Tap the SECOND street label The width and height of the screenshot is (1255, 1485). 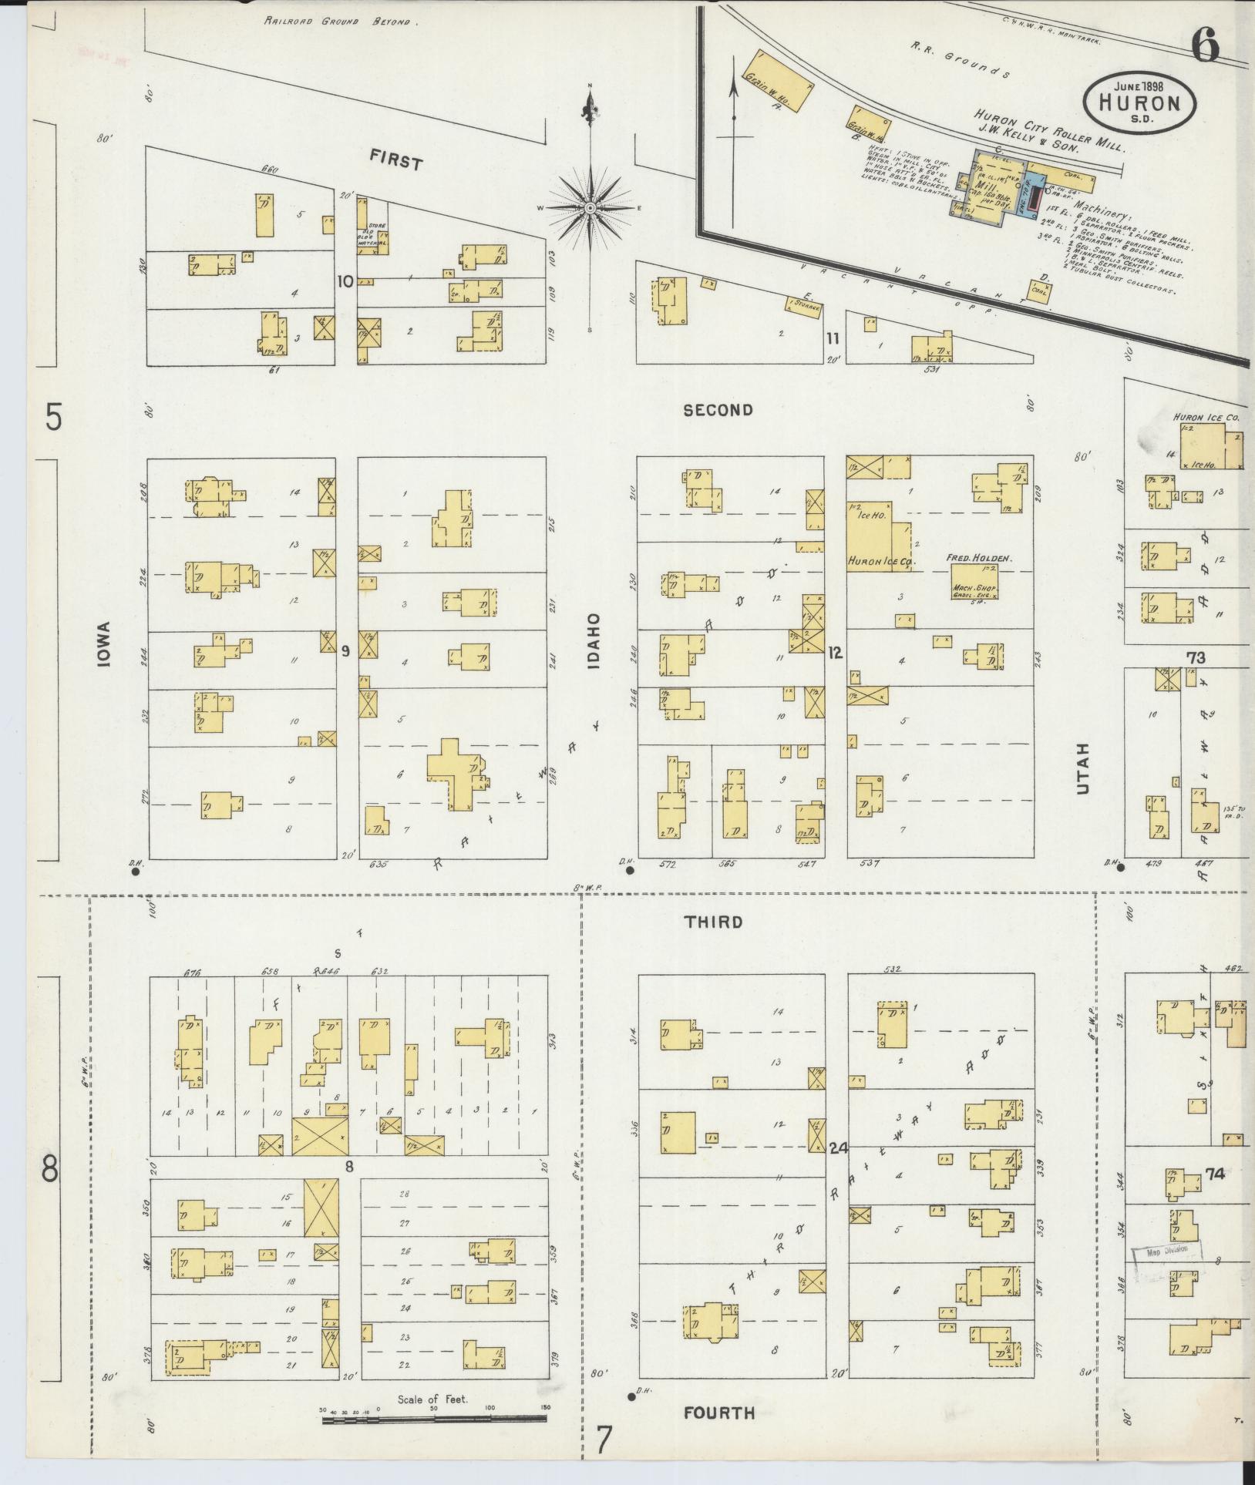click(718, 410)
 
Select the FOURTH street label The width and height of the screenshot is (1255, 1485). click(718, 1413)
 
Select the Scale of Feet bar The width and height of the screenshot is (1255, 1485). click(434, 1418)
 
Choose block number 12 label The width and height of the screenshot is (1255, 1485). click(835, 653)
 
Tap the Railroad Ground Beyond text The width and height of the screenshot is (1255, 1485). click(340, 22)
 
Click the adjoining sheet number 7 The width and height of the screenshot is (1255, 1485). click(604, 1439)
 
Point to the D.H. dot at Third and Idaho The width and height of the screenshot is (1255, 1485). click(630, 871)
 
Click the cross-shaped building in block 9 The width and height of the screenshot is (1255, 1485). click(455, 773)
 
